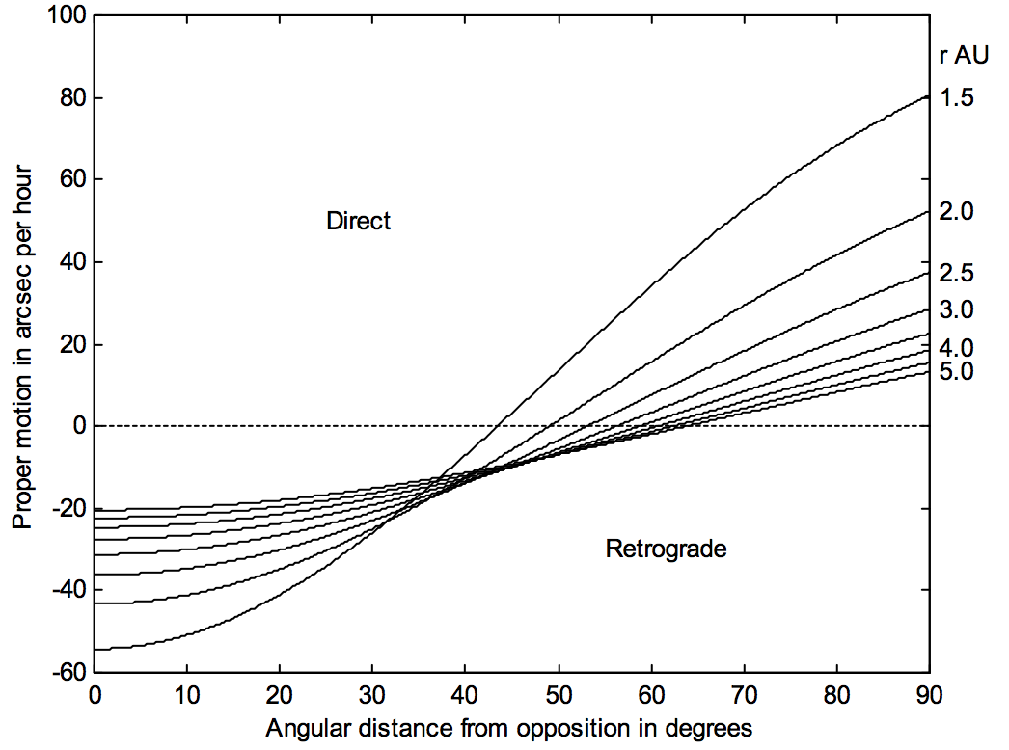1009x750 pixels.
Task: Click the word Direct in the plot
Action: tap(358, 221)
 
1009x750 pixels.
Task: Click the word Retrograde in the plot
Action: tap(666, 549)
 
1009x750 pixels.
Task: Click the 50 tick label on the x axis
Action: tap(558, 694)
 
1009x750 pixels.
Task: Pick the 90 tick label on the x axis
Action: tap(928, 694)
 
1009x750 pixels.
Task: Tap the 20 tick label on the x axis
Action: tap(280, 694)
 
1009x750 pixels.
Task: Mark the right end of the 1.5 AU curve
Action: tap(927, 96)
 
